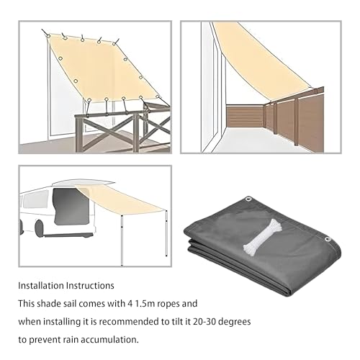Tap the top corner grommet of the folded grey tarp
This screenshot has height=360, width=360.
(248, 199)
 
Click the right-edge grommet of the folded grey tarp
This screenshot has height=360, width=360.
(328, 239)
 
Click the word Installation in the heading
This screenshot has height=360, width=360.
(41, 286)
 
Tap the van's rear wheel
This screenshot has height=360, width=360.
(39, 228)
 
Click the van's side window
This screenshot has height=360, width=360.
(36, 199)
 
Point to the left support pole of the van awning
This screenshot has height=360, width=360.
(122, 240)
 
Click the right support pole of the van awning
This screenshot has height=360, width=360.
(166, 233)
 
